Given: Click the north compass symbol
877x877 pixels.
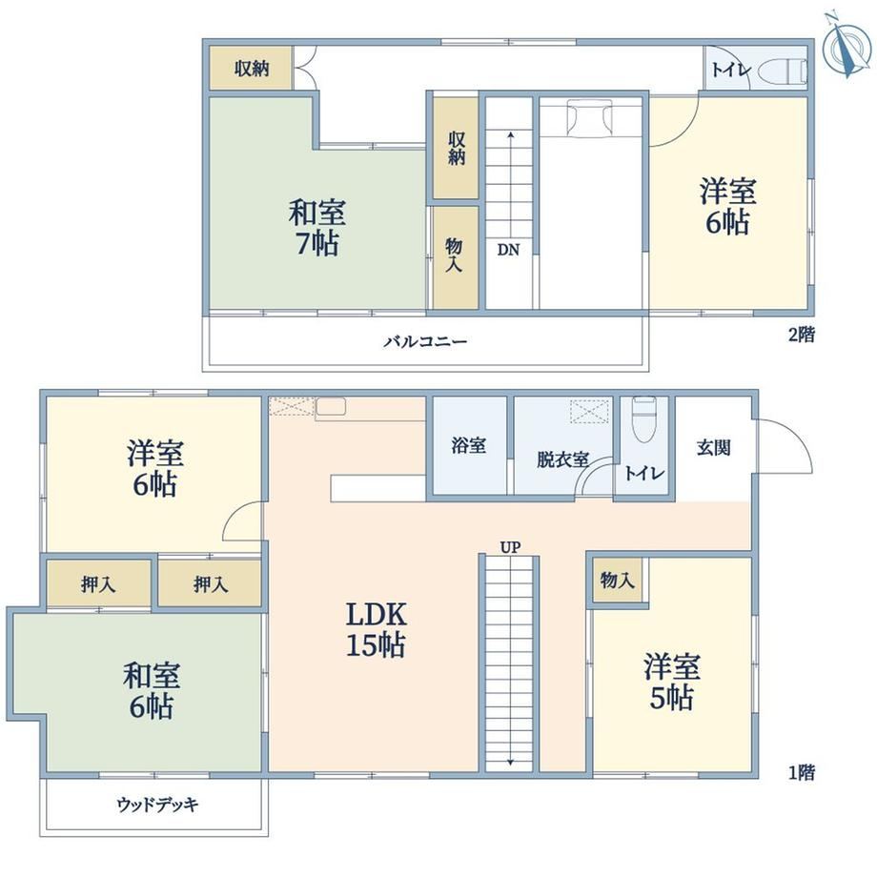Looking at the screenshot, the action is pos(847,45).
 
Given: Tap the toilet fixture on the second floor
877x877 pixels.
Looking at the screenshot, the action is pos(783,71).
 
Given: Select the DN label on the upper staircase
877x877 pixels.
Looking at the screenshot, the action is pos(508,250).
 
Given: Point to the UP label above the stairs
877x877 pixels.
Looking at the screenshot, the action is pos(510,547).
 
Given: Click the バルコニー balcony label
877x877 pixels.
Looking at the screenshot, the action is pos(425,341).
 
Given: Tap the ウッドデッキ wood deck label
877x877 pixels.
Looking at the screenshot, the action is pos(158,805).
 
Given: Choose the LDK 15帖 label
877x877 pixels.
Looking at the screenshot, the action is pos(376,630).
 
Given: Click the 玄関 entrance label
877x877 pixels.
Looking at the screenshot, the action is pos(713,447).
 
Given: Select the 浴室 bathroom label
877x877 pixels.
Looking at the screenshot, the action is pos(469,446).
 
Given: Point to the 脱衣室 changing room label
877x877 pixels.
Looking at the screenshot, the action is pos(562,459).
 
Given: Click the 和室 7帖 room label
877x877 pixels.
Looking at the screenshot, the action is pos(317,228).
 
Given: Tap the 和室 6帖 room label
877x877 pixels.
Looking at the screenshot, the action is pos(152,690).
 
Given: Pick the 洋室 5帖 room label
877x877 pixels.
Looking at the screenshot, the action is pos(672,682).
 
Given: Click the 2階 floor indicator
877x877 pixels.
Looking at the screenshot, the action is pos(802,335).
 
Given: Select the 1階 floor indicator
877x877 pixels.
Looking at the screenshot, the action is pos(802,772).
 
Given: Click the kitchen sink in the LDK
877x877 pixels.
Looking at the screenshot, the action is pos(331,407).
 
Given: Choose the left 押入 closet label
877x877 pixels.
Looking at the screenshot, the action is pos(98,585).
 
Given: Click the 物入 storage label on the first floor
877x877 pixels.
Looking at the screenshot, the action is pos(618,580).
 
